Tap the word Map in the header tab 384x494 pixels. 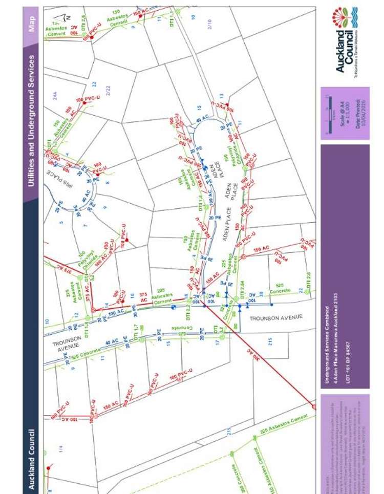tap(32, 24)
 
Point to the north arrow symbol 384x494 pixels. tap(63, 18)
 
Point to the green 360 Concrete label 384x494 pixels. tap(233, 476)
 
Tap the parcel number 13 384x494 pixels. tap(221, 96)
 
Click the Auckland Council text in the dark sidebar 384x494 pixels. tap(32, 459)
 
